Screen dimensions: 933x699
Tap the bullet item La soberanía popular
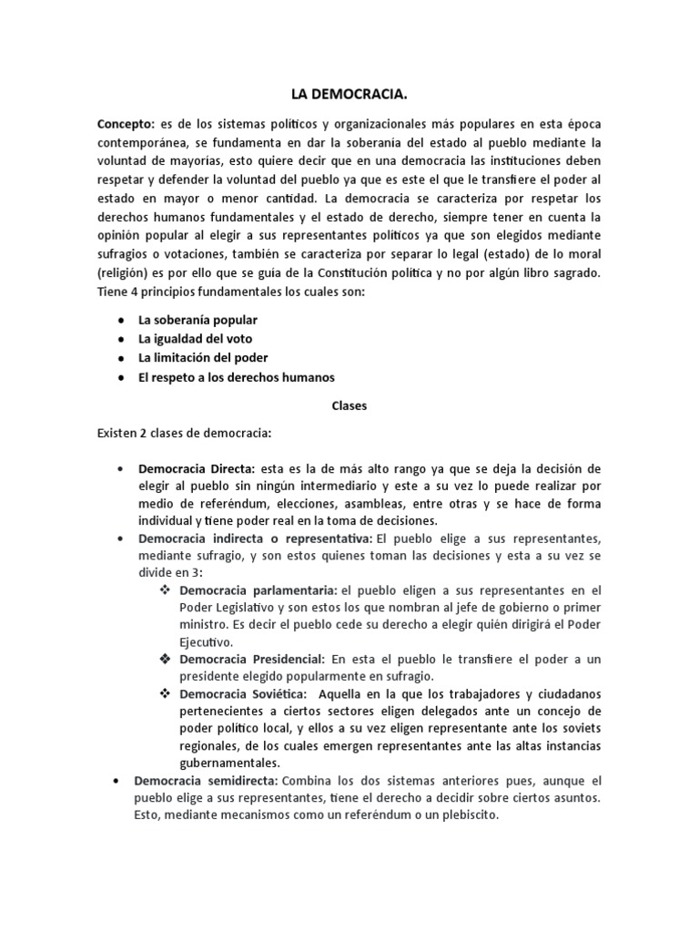pos(198,320)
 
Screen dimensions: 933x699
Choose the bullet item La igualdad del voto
pos(195,339)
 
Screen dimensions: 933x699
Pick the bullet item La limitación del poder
pos(203,357)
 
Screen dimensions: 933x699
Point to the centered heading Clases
pos(349,406)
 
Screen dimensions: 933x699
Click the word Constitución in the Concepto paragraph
pos(372,272)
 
